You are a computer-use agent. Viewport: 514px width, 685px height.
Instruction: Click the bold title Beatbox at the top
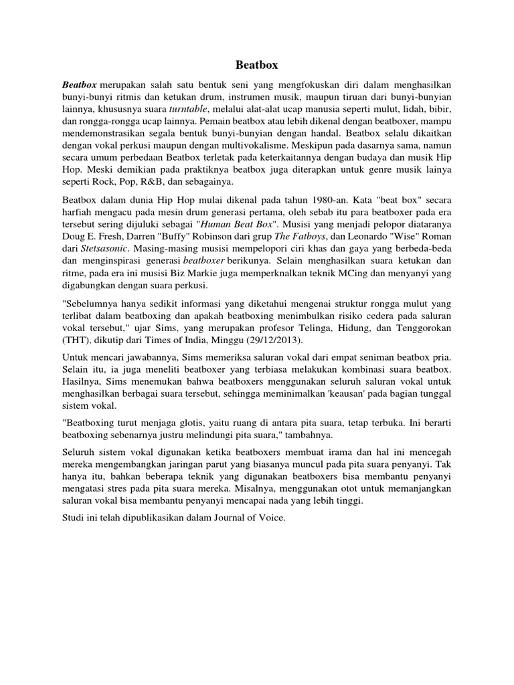(256, 66)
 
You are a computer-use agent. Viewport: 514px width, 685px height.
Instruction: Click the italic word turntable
(189, 108)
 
